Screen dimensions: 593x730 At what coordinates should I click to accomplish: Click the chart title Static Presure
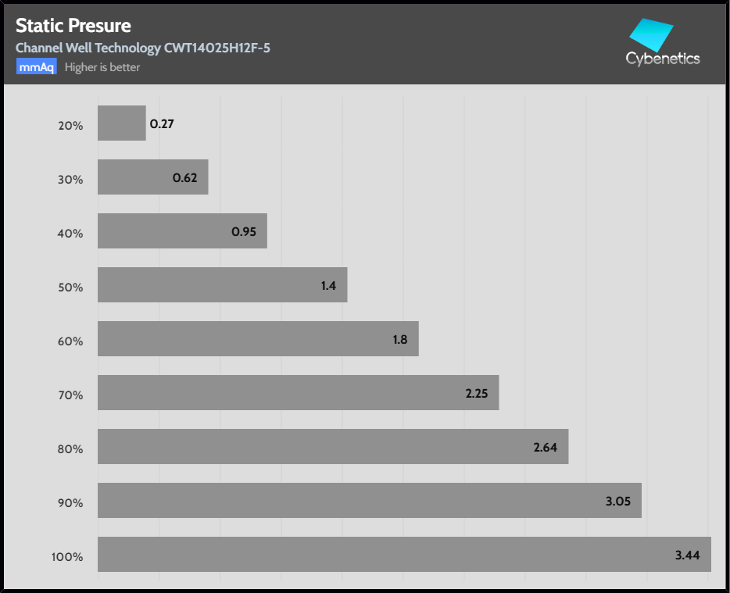click(73, 27)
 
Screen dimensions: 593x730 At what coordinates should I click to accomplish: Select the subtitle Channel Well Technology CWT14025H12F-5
click(143, 48)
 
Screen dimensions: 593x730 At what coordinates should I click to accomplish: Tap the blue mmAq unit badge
click(36, 67)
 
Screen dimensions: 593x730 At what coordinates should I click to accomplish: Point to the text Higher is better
click(102, 67)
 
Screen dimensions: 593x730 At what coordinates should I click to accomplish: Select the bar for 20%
click(121, 123)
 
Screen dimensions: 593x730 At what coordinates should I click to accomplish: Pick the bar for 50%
click(222, 285)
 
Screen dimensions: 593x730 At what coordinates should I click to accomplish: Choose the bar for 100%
click(404, 555)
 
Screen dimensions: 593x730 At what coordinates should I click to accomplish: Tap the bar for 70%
click(298, 393)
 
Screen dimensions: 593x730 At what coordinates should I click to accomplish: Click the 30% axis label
click(70, 179)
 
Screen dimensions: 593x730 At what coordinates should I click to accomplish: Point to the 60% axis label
click(70, 341)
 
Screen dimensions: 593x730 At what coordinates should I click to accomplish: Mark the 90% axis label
click(70, 503)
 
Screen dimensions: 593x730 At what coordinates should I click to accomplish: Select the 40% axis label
click(70, 233)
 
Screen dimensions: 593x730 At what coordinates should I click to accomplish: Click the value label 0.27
click(162, 123)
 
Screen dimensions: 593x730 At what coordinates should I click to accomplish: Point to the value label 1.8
click(400, 340)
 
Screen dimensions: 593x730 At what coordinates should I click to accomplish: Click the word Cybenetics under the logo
click(663, 59)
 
